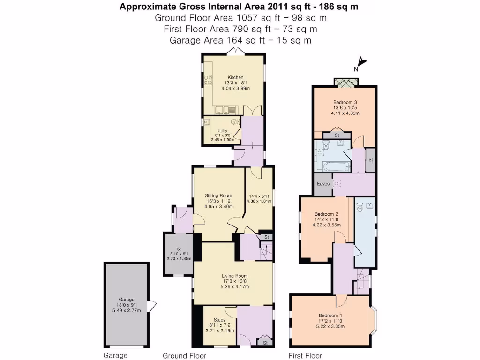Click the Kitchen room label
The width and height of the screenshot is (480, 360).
coord(235,77)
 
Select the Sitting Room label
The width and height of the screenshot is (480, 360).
coord(219,195)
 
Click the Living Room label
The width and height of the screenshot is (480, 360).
coord(235,276)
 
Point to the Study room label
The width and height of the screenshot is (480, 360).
coord(213,321)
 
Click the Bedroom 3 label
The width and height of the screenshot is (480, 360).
coord(345,102)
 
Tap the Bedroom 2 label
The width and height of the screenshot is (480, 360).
coord(327,214)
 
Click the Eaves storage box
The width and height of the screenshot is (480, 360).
coord(323,184)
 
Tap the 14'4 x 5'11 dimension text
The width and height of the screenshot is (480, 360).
coord(259,197)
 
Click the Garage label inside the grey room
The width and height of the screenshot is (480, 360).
coord(126,300)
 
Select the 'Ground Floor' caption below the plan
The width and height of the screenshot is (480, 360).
coord(184,356)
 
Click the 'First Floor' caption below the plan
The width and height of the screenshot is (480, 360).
coord(306,356)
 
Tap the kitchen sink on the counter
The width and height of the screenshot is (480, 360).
coord(222,111)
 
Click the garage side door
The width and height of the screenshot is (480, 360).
coord(150,307)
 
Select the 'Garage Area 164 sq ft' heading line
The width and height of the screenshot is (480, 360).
coord(240,40)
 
